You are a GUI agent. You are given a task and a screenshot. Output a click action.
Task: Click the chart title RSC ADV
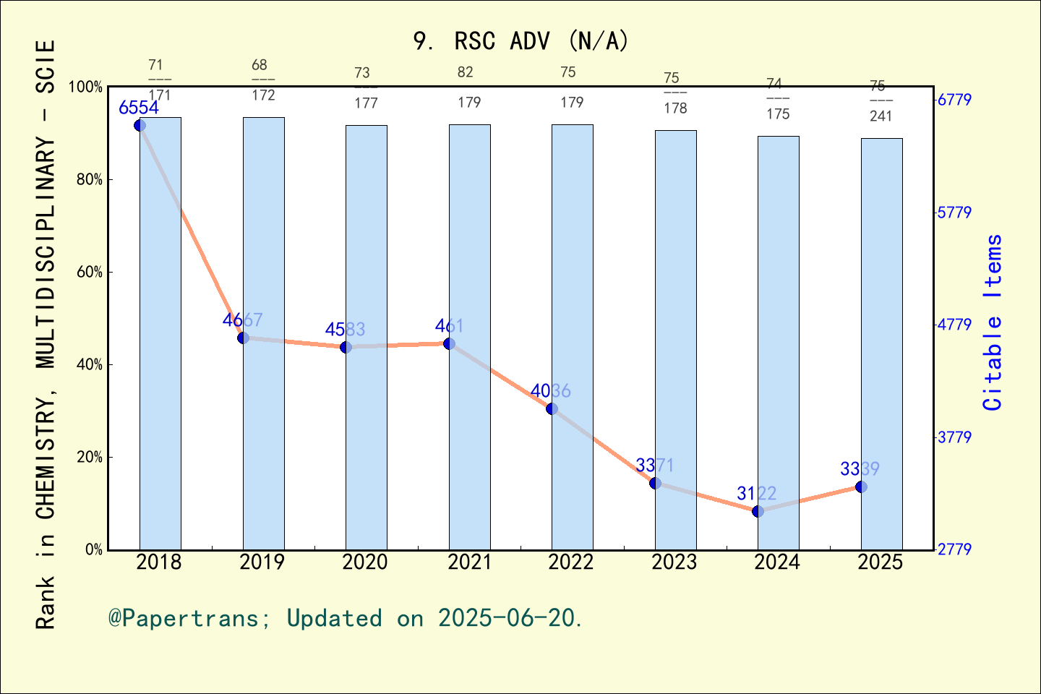(x=520, y=41)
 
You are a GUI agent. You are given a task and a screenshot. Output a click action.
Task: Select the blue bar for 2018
(x=160, y=333)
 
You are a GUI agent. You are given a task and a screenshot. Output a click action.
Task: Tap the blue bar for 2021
(x=469, y=336)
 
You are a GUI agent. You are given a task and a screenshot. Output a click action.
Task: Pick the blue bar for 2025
(x=881, y=343)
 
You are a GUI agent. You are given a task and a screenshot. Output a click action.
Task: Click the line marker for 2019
(x=243, y=338)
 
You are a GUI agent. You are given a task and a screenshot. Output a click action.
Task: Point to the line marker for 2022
(x=552, y=408)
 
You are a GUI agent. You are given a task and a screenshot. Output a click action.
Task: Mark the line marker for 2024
(x=758, y=511)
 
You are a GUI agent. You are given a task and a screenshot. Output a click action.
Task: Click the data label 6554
(x=139, y=108)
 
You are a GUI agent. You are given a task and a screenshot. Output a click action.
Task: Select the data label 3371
(x=655, y=465)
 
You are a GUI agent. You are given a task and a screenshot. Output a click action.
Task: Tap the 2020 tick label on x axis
(x=365, y=562)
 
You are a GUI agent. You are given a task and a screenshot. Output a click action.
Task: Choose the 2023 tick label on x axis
(x=674, y=562)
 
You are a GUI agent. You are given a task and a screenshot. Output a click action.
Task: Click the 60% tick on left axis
(x=90, y=273)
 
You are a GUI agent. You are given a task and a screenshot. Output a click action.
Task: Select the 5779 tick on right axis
(x=954, y=213)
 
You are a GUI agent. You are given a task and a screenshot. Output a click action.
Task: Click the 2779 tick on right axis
(x=954, y=549)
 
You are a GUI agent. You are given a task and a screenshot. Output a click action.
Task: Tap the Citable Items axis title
(x=993, y=322)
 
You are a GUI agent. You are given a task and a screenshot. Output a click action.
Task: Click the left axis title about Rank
(x=46, y=334)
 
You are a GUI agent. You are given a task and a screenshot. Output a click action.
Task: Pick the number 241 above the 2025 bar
(x=881, y=116)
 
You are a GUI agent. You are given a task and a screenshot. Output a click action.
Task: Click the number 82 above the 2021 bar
(x=465, y=72)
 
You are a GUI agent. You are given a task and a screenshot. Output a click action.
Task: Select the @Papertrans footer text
(x=346, y=618)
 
